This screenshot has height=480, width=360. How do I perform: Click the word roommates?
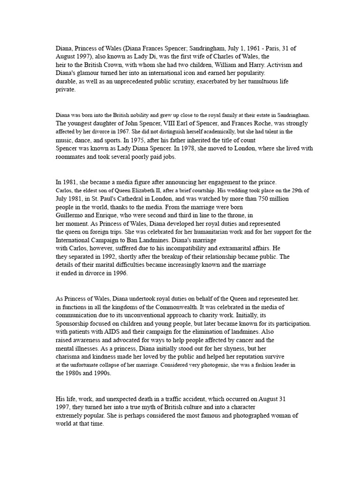pyautogui.click(x=73, y=157)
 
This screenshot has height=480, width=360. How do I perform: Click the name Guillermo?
pyautogui.click(x=73, y=216)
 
